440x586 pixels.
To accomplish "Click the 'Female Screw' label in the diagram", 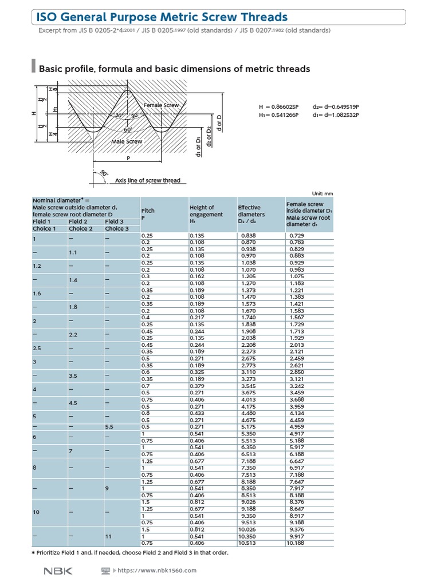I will coord(161,106).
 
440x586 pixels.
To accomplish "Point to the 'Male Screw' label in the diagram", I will coord(126,141).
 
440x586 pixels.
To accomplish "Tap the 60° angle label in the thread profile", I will coord(128,130).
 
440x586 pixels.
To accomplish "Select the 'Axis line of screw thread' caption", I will coord(148,181).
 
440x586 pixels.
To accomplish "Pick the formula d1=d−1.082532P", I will coord(336,115).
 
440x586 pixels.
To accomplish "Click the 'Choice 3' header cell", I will coord(117,228).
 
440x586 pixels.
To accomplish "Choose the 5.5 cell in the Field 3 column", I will coord(109,426).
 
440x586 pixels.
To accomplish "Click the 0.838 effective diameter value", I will coord(248,236).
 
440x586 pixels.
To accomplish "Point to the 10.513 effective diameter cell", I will coord(247,543).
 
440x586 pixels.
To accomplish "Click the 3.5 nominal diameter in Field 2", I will coord(74,375).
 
